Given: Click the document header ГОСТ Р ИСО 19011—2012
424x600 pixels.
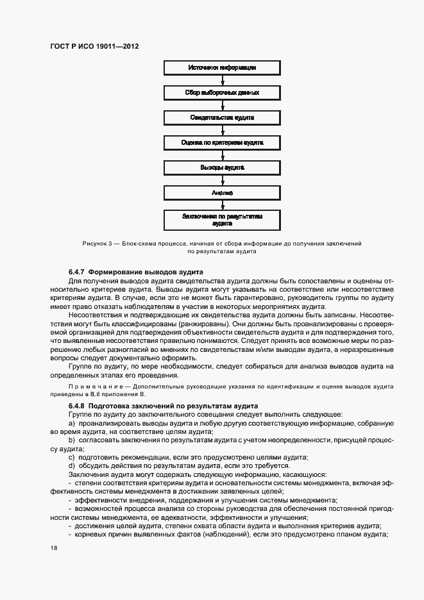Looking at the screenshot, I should pos(94,47).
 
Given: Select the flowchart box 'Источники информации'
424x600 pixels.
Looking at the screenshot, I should pos(223,67).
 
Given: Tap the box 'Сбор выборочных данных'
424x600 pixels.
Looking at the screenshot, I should pos(223,92).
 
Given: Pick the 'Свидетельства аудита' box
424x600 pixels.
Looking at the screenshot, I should pos(223,117).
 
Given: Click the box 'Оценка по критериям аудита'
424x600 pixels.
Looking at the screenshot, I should pos(223,142).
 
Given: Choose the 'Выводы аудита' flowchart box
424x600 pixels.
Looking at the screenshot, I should pos(223,167).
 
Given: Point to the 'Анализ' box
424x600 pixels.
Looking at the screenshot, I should pos(223,192).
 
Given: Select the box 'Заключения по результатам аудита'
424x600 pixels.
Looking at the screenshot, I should pos(223,220).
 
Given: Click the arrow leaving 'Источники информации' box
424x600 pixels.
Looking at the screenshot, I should pos(223,80).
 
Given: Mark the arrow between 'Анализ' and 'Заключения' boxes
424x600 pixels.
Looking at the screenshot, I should pos(223,205).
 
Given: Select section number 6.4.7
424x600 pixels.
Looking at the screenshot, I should pos(77,272).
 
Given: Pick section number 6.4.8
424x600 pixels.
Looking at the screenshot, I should pos(77,406).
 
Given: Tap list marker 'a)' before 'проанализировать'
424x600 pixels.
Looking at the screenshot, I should pos(72,424).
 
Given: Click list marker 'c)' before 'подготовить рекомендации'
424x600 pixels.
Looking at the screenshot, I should pos(72,457).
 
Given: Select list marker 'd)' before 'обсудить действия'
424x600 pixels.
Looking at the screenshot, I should pos(72,465).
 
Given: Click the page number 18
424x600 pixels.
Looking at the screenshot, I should pos(54,549).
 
